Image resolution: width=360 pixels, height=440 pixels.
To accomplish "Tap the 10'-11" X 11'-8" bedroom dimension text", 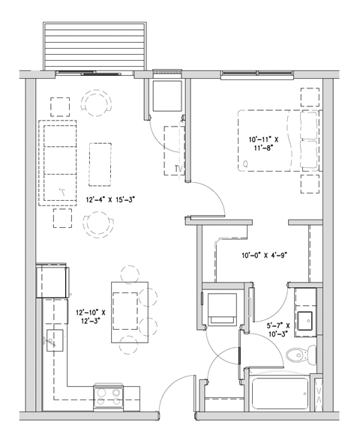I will click(x=264, y=144).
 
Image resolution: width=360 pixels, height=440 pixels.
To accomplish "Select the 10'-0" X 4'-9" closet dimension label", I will click(x=264, y=255).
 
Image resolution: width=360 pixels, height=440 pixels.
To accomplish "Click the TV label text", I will click(x=178, y=168).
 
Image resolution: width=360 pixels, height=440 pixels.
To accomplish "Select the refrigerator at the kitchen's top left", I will click(x=52, y=280).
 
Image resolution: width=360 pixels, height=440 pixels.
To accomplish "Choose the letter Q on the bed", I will click(x=245, y=163).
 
